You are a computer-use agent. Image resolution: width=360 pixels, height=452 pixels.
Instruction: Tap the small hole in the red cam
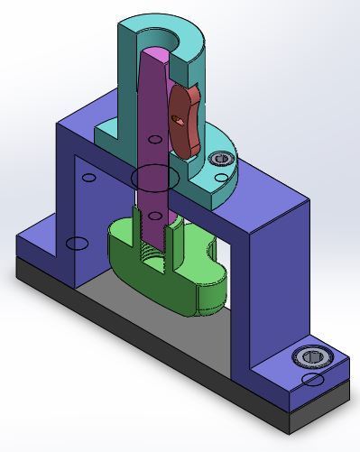[x=179, y=119]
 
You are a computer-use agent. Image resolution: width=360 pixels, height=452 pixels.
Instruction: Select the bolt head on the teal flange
[x=219, y=160]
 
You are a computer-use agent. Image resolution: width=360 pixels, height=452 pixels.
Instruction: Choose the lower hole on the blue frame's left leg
[x=77, y=244]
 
